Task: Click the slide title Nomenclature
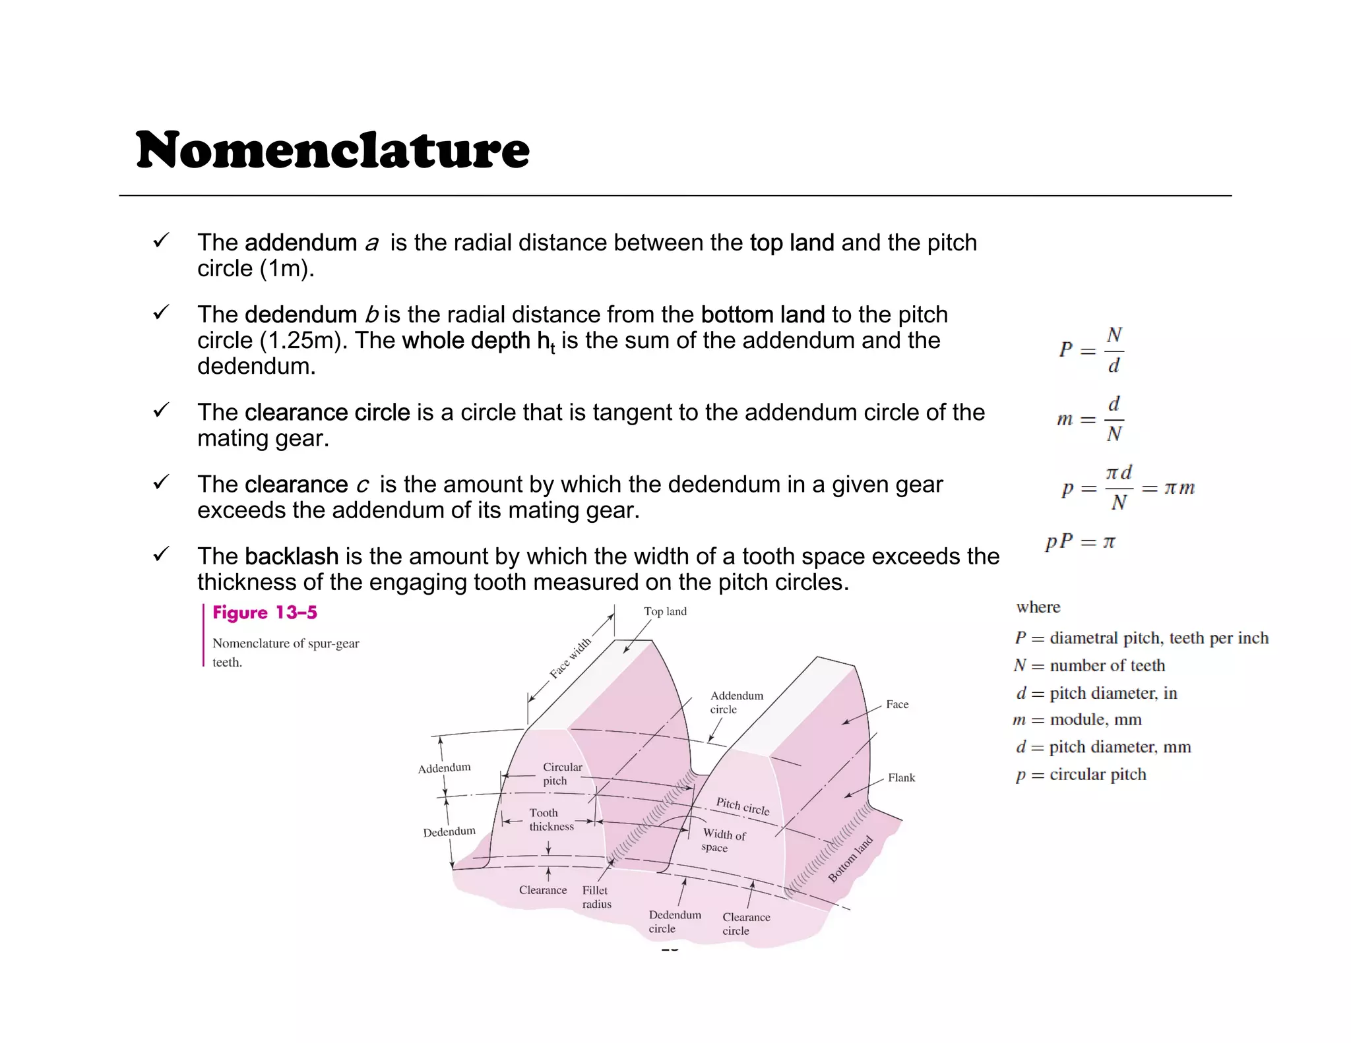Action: [x=332, y=150]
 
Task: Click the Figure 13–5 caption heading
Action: [x=265, y=612]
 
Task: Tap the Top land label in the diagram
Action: [x=665, y=612]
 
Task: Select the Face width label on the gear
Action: [x=571, y=658]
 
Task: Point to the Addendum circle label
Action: [x=736, y=702]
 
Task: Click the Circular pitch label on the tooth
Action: [x=562, y=774]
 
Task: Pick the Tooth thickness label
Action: [x=551, y=819]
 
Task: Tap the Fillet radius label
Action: [x=596, y=897]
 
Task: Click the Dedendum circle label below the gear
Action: [x=674, y=922]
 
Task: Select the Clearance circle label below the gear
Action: [x=745, y=924]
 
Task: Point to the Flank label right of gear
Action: [x=901, y=778]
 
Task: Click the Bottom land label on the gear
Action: [x=850, y=858]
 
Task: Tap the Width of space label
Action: [x=723, y=841]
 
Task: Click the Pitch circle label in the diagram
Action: [x=743, y=806]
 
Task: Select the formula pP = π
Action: [x=1080, y=542]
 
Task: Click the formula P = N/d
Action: [x=1092, y=349]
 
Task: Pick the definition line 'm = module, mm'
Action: [x=1077, y=720]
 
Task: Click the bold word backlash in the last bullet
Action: [x=291, y=556]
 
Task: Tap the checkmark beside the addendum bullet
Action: [x=161, y=241]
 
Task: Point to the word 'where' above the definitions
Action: [x=1038, y=607]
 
